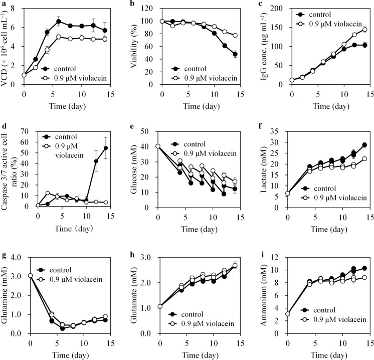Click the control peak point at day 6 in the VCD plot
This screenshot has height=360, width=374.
pyautogui.click(x=59, y=22)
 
